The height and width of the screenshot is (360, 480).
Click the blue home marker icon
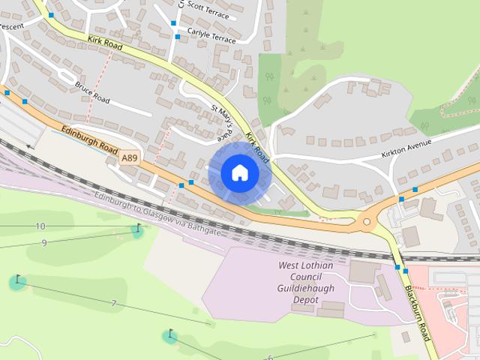(x=239, y=173)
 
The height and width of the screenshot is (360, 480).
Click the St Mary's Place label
(x=223, y=123)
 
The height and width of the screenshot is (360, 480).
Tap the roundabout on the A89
(x=367, y=220)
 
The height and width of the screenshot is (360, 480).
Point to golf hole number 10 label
(x=40, y=226)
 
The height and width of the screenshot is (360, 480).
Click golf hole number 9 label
(x=44, y=242)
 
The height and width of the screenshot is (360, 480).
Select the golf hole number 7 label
(x=113, y=303)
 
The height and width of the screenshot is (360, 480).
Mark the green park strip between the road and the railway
(x=285, y=213)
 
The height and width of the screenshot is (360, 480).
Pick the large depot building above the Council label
(x=364, y=271)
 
